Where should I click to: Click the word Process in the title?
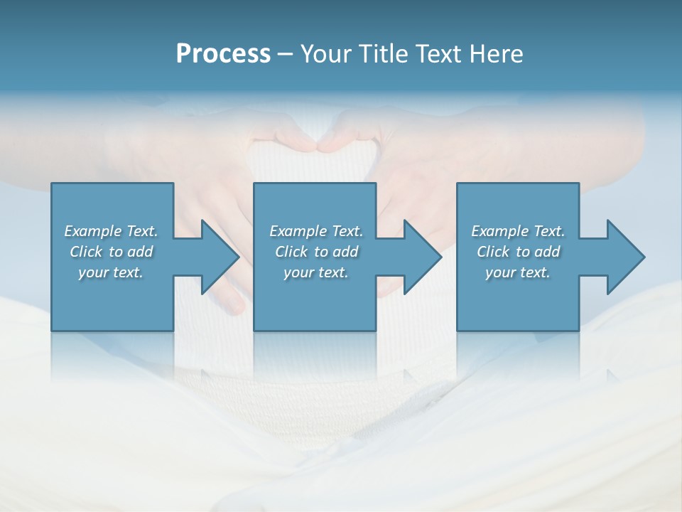point(223,54)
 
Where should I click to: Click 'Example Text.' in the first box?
point(111,231)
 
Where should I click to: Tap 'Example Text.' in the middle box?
point(316,231)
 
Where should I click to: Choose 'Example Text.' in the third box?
point(518,231)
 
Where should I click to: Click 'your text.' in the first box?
point(111,272)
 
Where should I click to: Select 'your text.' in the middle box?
point(316,272)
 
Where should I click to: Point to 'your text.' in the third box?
point(518,272)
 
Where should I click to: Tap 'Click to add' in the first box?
point(111,252)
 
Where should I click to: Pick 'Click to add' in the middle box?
point(316,252)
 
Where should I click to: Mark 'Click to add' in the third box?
point(518,252)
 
